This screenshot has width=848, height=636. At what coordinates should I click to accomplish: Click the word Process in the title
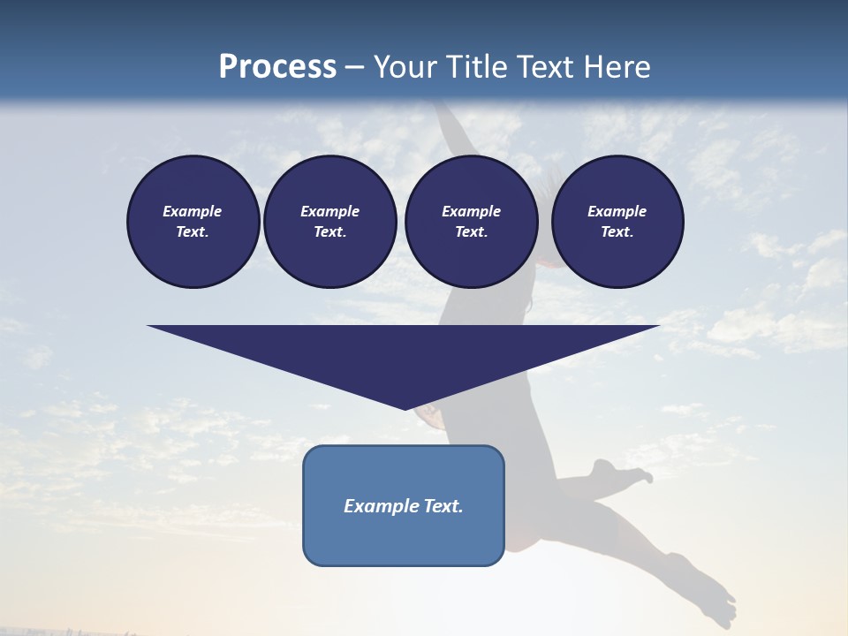pos(277,67)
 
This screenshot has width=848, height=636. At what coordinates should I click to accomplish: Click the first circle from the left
pos(193,222)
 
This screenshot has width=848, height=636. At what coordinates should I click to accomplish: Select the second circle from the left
pos(330,222)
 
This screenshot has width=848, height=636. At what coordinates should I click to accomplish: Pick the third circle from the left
pos(472,222)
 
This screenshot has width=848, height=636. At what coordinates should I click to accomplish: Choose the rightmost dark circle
pos(617,222)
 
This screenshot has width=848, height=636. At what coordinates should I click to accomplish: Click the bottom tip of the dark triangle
pos(405,407)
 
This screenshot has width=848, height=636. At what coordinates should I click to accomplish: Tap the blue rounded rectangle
pos(404,530)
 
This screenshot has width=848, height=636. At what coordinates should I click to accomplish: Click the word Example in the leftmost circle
pos(193,211)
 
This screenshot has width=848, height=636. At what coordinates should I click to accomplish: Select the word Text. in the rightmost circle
pos(617,232)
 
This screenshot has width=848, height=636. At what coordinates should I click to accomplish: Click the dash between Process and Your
pos(355,67)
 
